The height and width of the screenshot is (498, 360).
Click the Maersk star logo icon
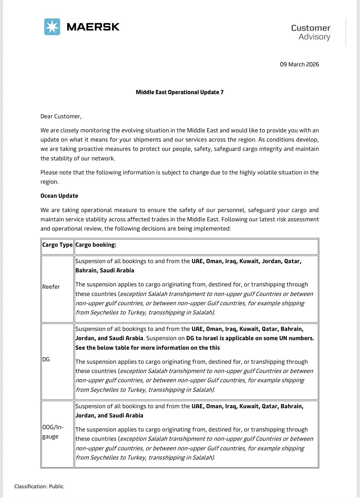coord(52,27)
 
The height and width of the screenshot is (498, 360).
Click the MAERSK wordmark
coord(93,27)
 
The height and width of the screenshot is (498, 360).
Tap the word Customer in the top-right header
coord(310,28)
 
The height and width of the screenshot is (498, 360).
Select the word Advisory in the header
coord(314,37)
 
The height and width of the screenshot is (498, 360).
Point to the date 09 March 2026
coord(299,64)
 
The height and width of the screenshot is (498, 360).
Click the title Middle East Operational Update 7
coord(179,92)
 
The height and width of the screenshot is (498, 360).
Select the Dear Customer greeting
coord(61,116)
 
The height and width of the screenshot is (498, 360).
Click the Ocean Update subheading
coord(59,196)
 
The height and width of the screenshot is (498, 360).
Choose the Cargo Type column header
coord(57,245)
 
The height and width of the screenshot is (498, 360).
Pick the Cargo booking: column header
coord(96,245)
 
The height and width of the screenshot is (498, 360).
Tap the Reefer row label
coord(51,287)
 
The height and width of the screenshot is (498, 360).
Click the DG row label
coord(46,359)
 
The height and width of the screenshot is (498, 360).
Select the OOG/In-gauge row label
coord(53,432)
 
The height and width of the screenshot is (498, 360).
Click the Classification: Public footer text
coord(39,486)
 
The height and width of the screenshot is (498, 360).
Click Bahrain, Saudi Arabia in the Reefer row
coord(104,270)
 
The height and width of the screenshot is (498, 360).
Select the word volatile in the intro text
coord(266,173)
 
